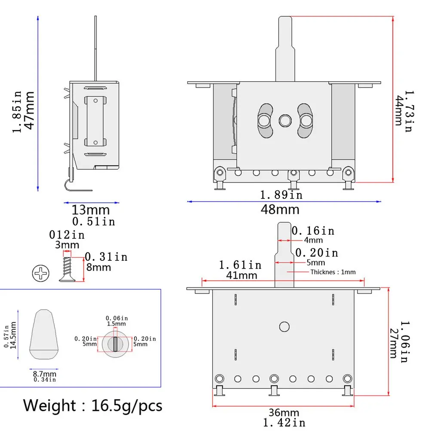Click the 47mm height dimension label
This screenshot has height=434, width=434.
point(29,110)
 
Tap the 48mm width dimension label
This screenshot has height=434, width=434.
point(280,210)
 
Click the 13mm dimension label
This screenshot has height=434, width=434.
point(91,210)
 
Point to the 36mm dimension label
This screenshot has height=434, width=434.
point(284,413)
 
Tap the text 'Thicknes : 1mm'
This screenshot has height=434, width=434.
point(333,272)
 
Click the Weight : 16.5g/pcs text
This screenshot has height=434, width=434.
point(93,405)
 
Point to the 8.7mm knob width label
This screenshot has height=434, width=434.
point(44,374)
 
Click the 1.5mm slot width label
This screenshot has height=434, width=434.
point(116,324)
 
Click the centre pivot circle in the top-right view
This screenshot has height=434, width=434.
point(284,120)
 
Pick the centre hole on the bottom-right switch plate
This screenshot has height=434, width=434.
point(284,327)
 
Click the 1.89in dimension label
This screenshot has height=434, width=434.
point(281,195)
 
